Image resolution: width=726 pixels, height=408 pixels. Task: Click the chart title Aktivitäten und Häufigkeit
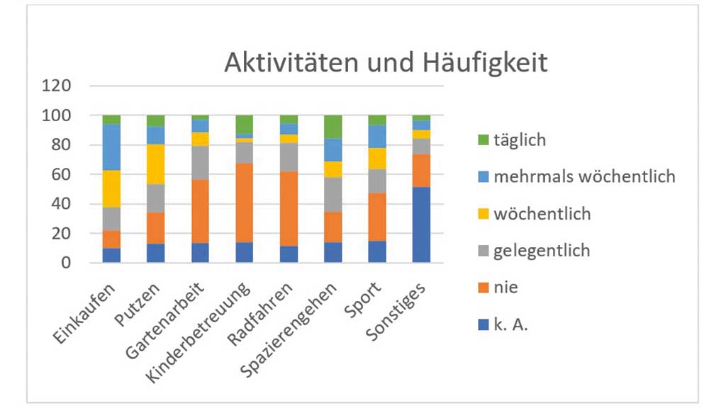point(386,63)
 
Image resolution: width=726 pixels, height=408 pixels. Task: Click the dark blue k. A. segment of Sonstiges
point(421,225)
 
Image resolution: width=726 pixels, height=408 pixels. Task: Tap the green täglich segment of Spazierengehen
point(333,127)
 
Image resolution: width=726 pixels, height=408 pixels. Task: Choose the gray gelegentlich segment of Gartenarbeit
point(200,163)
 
